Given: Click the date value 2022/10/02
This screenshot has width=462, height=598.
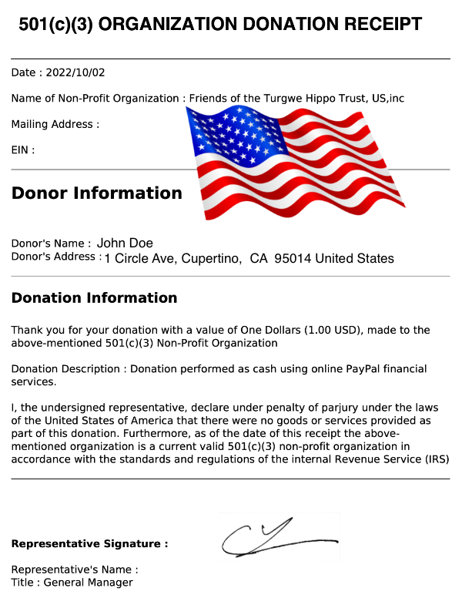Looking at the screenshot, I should coord(77,72).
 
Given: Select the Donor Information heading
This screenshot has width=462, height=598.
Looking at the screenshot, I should coord(96,193).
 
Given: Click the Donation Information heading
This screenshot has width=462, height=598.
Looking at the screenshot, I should coord(94,297).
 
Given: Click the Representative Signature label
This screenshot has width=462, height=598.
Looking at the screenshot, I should coord(89,544).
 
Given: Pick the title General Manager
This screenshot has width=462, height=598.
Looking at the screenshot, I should coord(88,583).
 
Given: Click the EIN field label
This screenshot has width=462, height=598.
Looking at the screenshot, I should coord(22,150).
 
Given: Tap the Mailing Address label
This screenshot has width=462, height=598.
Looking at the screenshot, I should coord(55,124).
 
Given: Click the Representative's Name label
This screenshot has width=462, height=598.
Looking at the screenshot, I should coord(74,569).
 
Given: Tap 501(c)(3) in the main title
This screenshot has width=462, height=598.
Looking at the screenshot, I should coord(57,24).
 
